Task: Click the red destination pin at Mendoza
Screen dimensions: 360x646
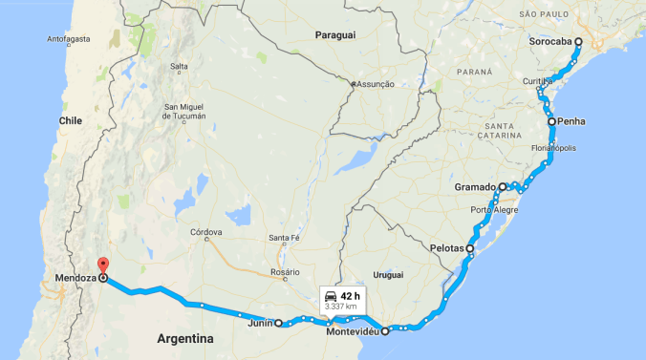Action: pyautogui.click(x=103, y=266)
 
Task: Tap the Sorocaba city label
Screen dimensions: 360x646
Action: pyautogui.click(x=550, y=42)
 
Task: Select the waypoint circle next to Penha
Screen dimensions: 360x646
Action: pyautogui.click(x=551, y=121)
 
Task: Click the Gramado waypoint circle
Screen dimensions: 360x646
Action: pyautogui.click(x=503, y=187)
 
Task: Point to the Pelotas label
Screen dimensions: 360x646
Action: pyautogui.click(x=443, y=248)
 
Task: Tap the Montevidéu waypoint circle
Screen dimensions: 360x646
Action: pyautogui.click(x=385, y=332)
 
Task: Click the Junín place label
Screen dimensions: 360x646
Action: pyautogui.click(x=259, y=324)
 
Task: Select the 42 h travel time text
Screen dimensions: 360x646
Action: pyautogui.click(x=350, y=296)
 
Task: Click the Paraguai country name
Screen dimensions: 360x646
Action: pyautogui.click(x=334, y=35)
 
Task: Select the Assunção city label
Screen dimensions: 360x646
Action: pyautogui.click(x=376, y=84)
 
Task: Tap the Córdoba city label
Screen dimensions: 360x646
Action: pyautogui.click(x=206, y=232)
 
